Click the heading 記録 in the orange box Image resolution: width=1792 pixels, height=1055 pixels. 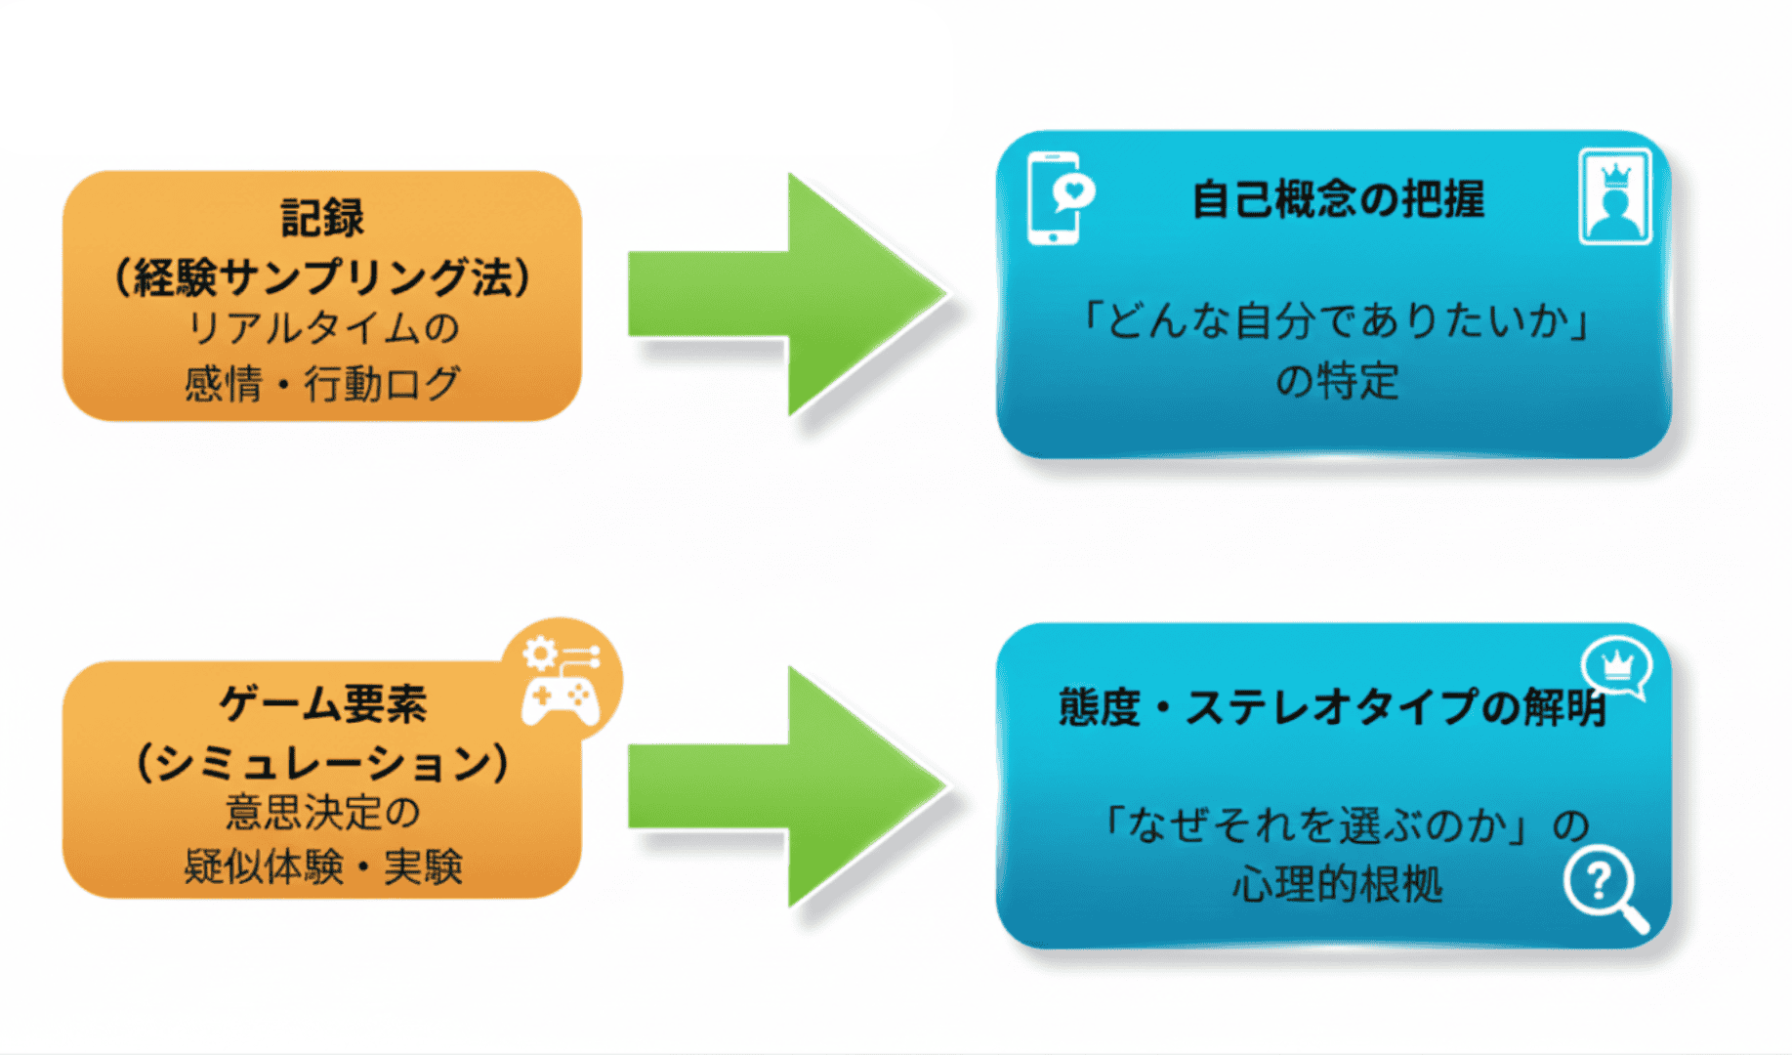pos(322,218)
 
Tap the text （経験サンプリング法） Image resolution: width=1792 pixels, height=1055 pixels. pos(322,277)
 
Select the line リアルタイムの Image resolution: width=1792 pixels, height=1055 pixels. pos(322,328)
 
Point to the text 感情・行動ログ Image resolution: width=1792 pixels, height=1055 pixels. pos(322,383)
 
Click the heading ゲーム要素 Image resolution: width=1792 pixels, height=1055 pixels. pos(322,703)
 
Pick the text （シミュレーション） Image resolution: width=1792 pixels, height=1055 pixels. pos(322,762)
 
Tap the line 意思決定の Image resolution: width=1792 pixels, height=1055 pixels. pos(322,813)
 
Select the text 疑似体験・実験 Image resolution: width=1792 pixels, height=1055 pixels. pos(322,866)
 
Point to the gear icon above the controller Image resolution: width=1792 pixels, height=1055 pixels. pos(540,653)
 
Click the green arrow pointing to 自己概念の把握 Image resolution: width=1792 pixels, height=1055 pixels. pos(787,294)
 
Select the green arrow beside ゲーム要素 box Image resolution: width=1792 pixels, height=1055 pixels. pos(787,786)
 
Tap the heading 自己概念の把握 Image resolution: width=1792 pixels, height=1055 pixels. pos(1338,199)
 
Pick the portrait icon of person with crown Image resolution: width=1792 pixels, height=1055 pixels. pos(1614,196)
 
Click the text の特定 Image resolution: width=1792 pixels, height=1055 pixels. pos(1338,381)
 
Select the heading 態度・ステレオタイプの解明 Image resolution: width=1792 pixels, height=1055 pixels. pos(1332,707)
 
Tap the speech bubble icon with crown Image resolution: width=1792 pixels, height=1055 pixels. pos(1617,668)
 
